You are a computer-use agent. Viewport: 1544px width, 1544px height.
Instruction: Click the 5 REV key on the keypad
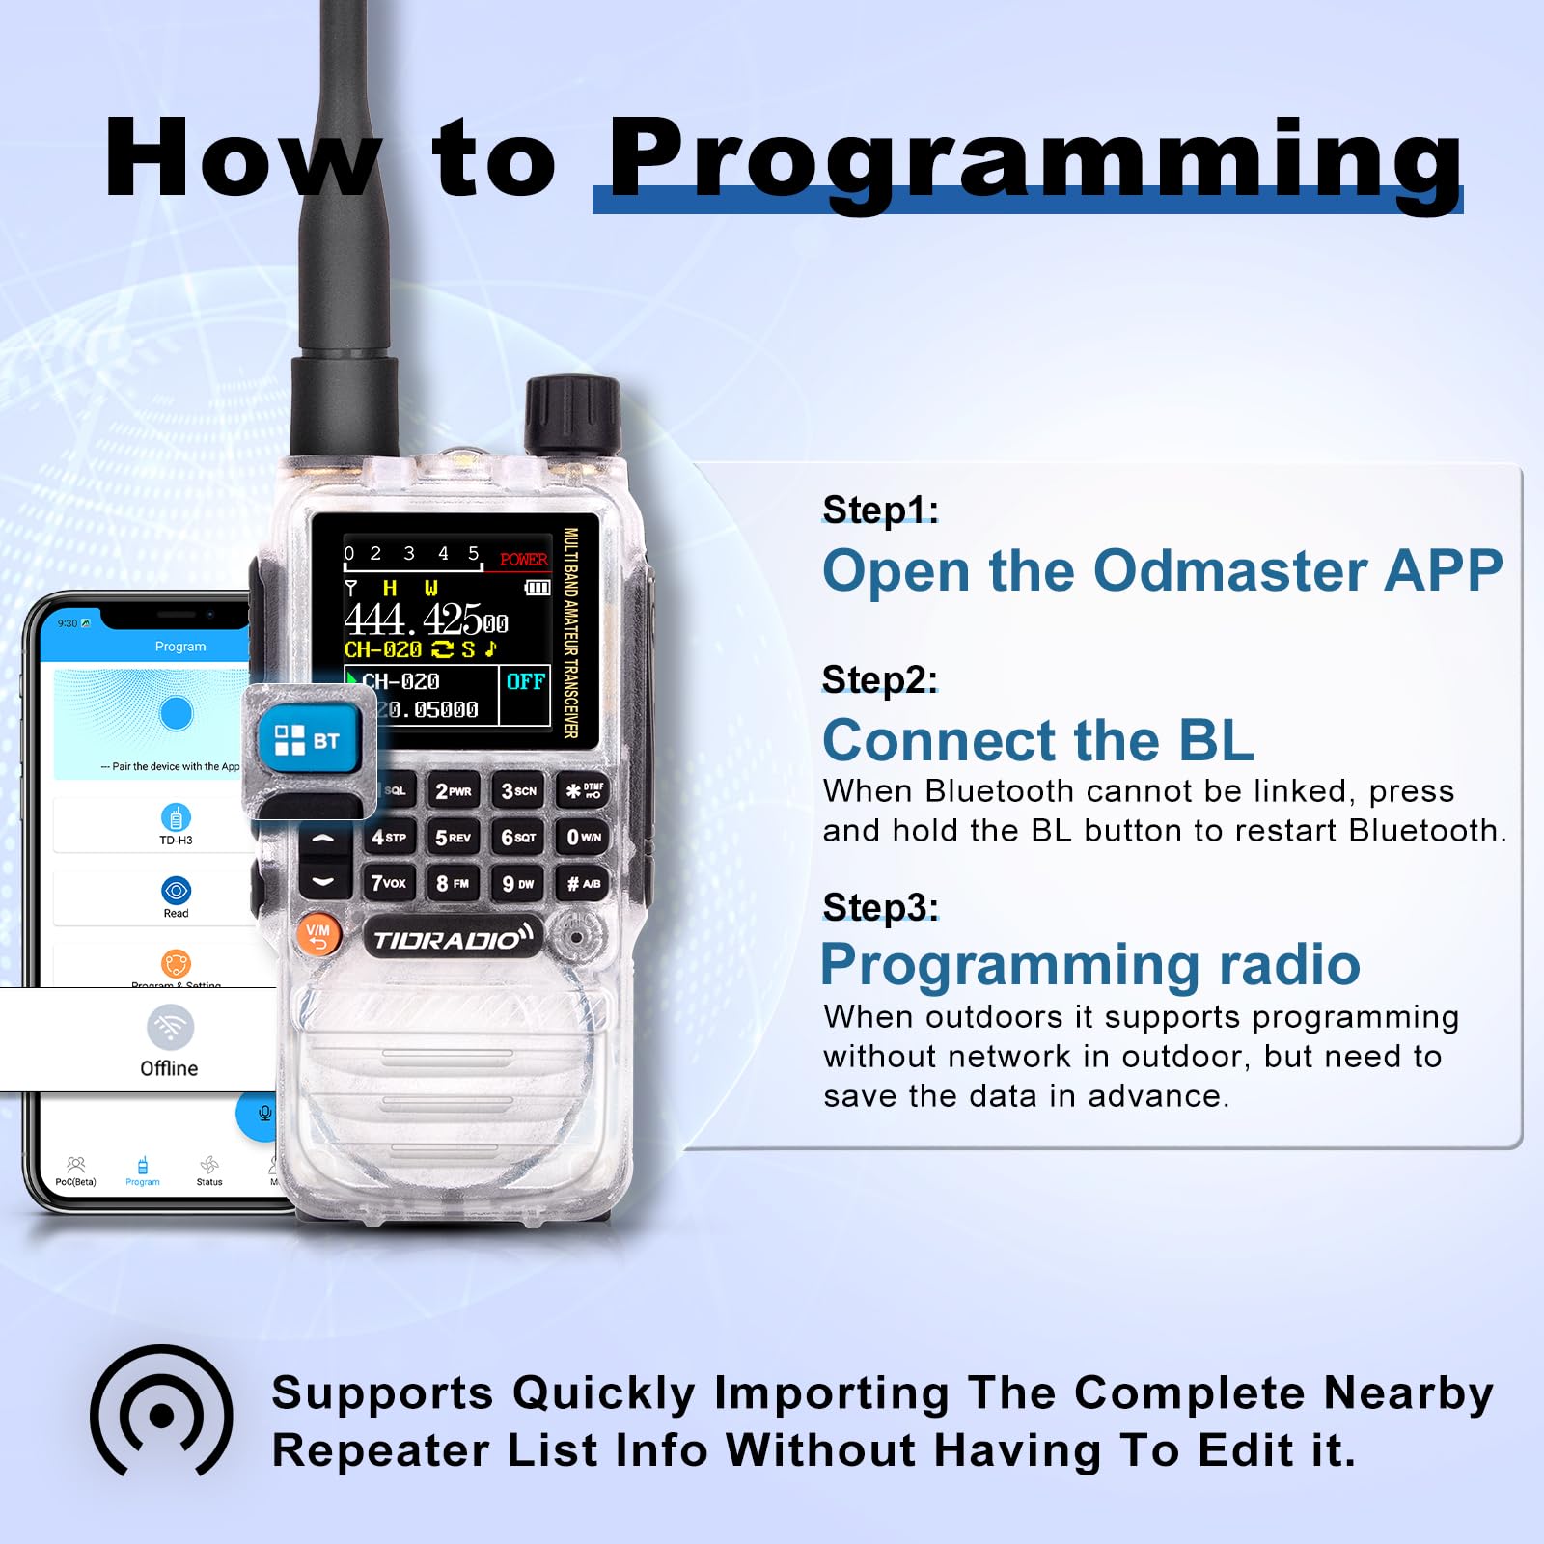pos(453,837)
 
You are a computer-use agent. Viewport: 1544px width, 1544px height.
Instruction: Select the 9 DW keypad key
pos(517,883)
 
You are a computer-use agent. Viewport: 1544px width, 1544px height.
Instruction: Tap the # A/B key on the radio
pos(582,883)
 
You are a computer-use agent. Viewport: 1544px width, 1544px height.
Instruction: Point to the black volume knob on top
pos(571,415)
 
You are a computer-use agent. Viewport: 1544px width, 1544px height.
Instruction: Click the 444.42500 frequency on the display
pos(426,619)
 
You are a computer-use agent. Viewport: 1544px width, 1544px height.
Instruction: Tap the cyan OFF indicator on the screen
pos(525,681)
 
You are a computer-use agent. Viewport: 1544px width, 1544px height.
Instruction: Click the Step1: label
pos(880,510)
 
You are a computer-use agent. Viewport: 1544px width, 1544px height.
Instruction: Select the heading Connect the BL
pos(1037,740)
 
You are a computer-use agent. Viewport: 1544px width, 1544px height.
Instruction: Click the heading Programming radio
pos(1089,964)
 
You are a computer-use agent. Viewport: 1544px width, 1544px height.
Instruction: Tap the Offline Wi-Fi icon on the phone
pos(170,1027)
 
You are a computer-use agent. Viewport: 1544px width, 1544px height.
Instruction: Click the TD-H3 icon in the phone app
pos(176,817)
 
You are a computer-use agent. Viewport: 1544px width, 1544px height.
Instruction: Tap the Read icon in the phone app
pos(176,891)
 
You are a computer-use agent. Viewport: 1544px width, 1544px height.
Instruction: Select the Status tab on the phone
pos(209,1170)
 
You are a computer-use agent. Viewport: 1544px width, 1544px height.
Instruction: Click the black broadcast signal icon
pos(161,1414)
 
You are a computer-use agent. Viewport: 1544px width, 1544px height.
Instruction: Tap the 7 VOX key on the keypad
pos(388,883)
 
